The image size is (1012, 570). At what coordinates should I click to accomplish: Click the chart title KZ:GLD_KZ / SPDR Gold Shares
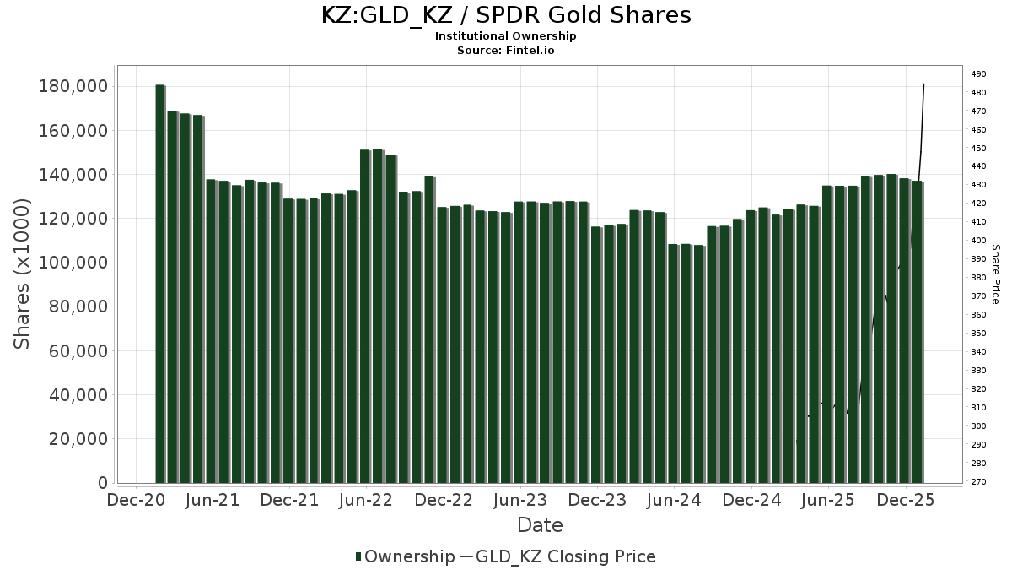(x=506, y=15)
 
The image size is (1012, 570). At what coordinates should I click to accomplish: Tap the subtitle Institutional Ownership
(x=506, y=36)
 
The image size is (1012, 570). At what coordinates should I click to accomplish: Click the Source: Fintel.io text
(x=506, y=51)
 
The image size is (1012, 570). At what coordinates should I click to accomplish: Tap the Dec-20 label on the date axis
(x=136, y=500)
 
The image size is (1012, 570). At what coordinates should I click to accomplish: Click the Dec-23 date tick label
(x=597, y=500)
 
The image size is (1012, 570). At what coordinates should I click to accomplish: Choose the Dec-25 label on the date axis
(x=906, y=500)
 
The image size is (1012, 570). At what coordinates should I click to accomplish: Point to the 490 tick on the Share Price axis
(x=979, y=74)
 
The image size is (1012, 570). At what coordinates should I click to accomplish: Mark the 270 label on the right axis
(x=979, y=482)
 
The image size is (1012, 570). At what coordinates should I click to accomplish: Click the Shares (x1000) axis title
(x=23, y=274)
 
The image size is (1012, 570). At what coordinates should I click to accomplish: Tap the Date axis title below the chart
(x=540, y=525)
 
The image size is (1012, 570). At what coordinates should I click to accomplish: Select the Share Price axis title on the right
(x=995, y=274)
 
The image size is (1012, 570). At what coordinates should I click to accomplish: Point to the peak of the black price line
(x=924, y=84)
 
